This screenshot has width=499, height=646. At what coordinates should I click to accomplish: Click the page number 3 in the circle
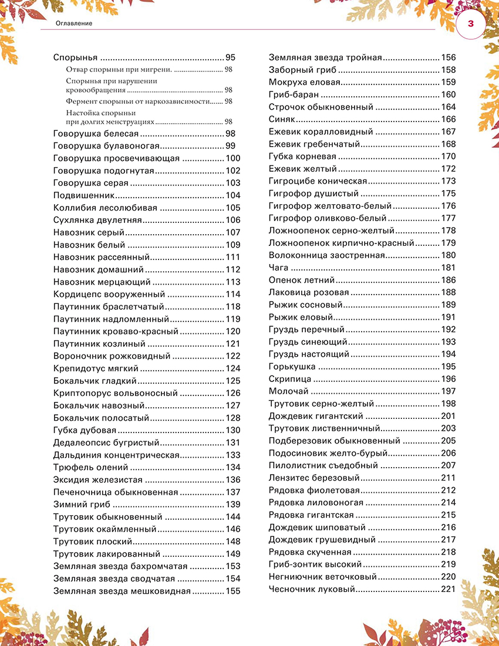(471, 24)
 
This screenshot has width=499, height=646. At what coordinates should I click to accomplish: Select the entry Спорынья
(75, 58)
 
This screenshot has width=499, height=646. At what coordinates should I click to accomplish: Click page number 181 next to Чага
(448, 268)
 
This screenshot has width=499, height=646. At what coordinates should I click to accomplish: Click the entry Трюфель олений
(90, 467)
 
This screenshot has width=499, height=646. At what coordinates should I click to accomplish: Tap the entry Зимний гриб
(82, 505)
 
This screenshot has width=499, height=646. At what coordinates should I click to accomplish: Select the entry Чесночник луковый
(311, 589)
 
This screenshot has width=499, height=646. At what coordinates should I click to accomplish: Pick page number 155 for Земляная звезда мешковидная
(232, 591)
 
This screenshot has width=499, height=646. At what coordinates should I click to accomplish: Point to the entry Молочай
(288, 391)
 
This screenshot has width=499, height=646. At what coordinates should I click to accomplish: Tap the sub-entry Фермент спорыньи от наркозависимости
(138, 102)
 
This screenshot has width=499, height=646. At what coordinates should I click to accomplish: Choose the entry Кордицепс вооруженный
(109, 295)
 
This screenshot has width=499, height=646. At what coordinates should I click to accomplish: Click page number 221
(448, 589)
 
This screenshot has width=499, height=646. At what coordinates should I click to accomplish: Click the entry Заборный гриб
(298, 70)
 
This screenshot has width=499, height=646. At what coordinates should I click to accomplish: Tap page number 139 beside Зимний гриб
(232, 505)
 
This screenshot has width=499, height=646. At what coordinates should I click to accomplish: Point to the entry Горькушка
(292, 367)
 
